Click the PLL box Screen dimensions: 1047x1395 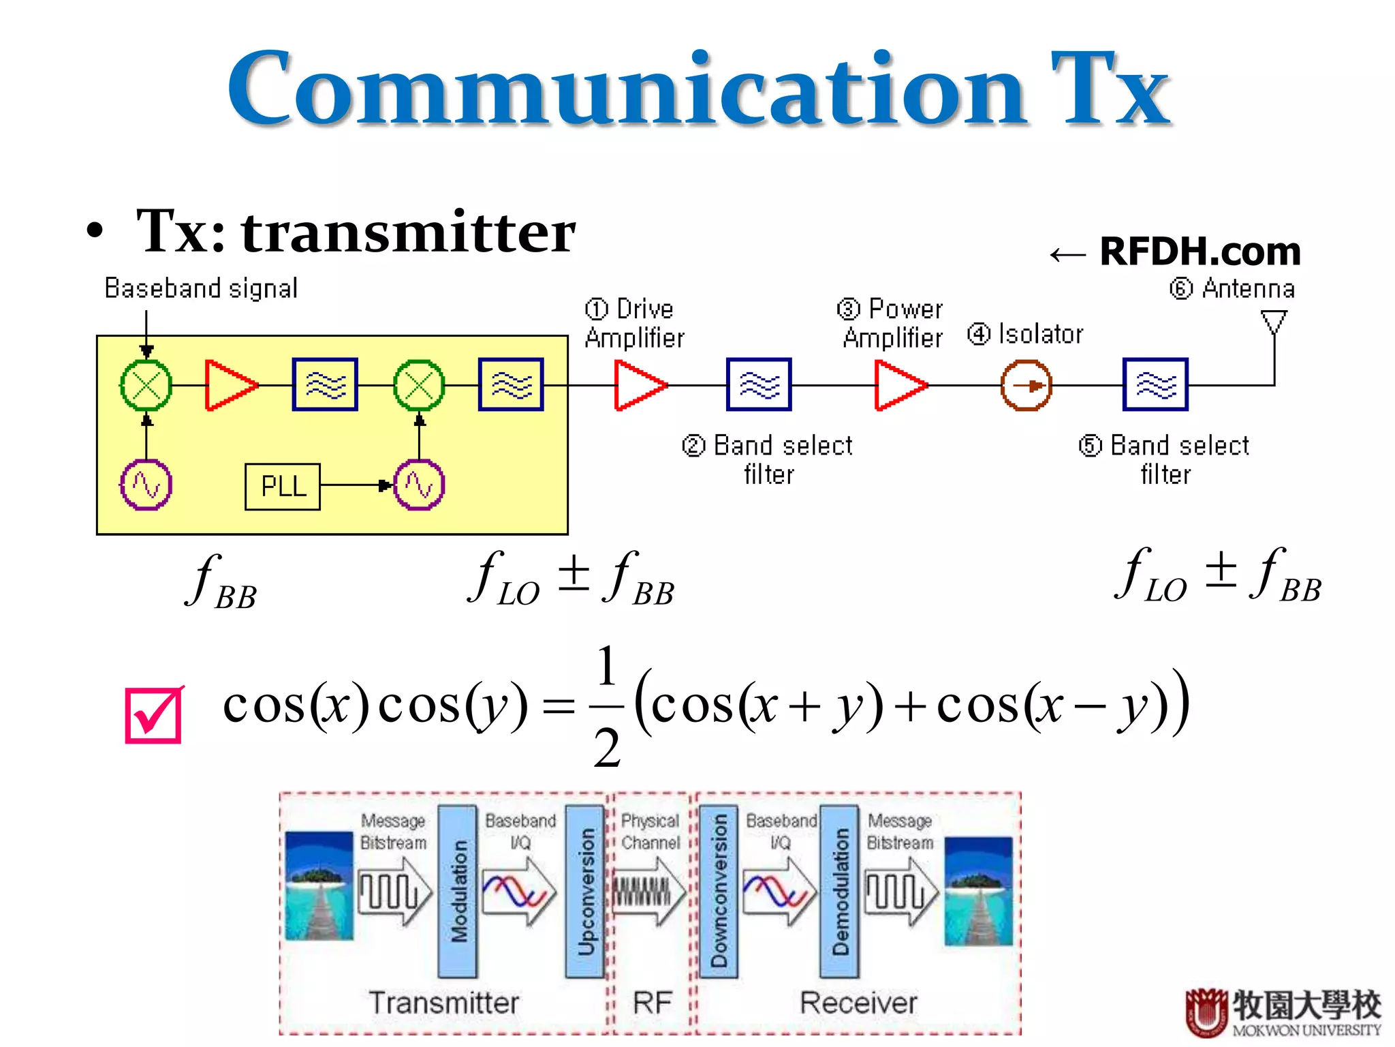pyautogui.click(x=282, y=487)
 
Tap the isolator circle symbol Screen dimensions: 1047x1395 pyautogui.click(x=1026, y=386)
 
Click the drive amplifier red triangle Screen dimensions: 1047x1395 pyautogui.click(x=639, y=386)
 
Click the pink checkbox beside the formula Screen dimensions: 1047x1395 pyautogui.click(x=154, y=714)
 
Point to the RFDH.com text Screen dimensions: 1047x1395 pyautogui.click(x=1200, y=252)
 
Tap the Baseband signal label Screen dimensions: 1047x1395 pyautogui.click(x=201, y=288)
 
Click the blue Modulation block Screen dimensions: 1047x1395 pyautogui.click(x=457, y=892)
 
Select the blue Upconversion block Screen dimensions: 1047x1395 pyautogui.click(x=585, y=892)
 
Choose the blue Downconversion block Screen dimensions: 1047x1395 pyautogui.click(x=718, y=892)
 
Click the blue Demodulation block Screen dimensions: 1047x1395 pyautogui.click(x=840, y=892)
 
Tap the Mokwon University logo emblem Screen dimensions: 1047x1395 pyautogui.click(x=1206, y=1012)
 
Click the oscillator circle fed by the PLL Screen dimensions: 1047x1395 pyautogui.click(x=419, y=485)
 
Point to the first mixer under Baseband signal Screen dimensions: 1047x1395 pyautogui.click(x=146, y=386)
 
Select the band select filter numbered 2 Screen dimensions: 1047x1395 pyautogui.click(x=759, y=385)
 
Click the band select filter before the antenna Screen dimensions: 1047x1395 pyautogui.click(x=1155, y=385)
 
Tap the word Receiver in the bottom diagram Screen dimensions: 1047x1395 pyautogui.click(x=858, y=1003)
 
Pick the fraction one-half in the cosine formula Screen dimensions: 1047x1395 pyautogui.click(x=607, y=706)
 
